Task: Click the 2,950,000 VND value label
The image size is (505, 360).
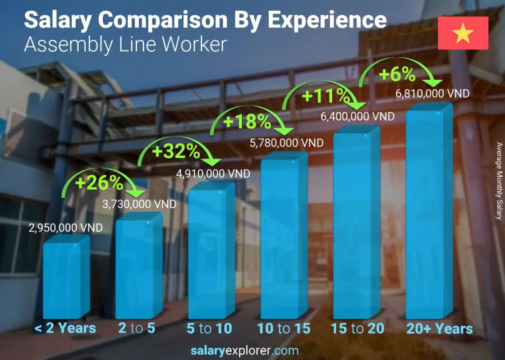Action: point(66,228)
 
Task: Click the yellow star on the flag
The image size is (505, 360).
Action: point(463,33)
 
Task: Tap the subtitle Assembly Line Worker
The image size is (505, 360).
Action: point(125,44)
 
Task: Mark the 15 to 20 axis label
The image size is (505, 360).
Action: point(357,329)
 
